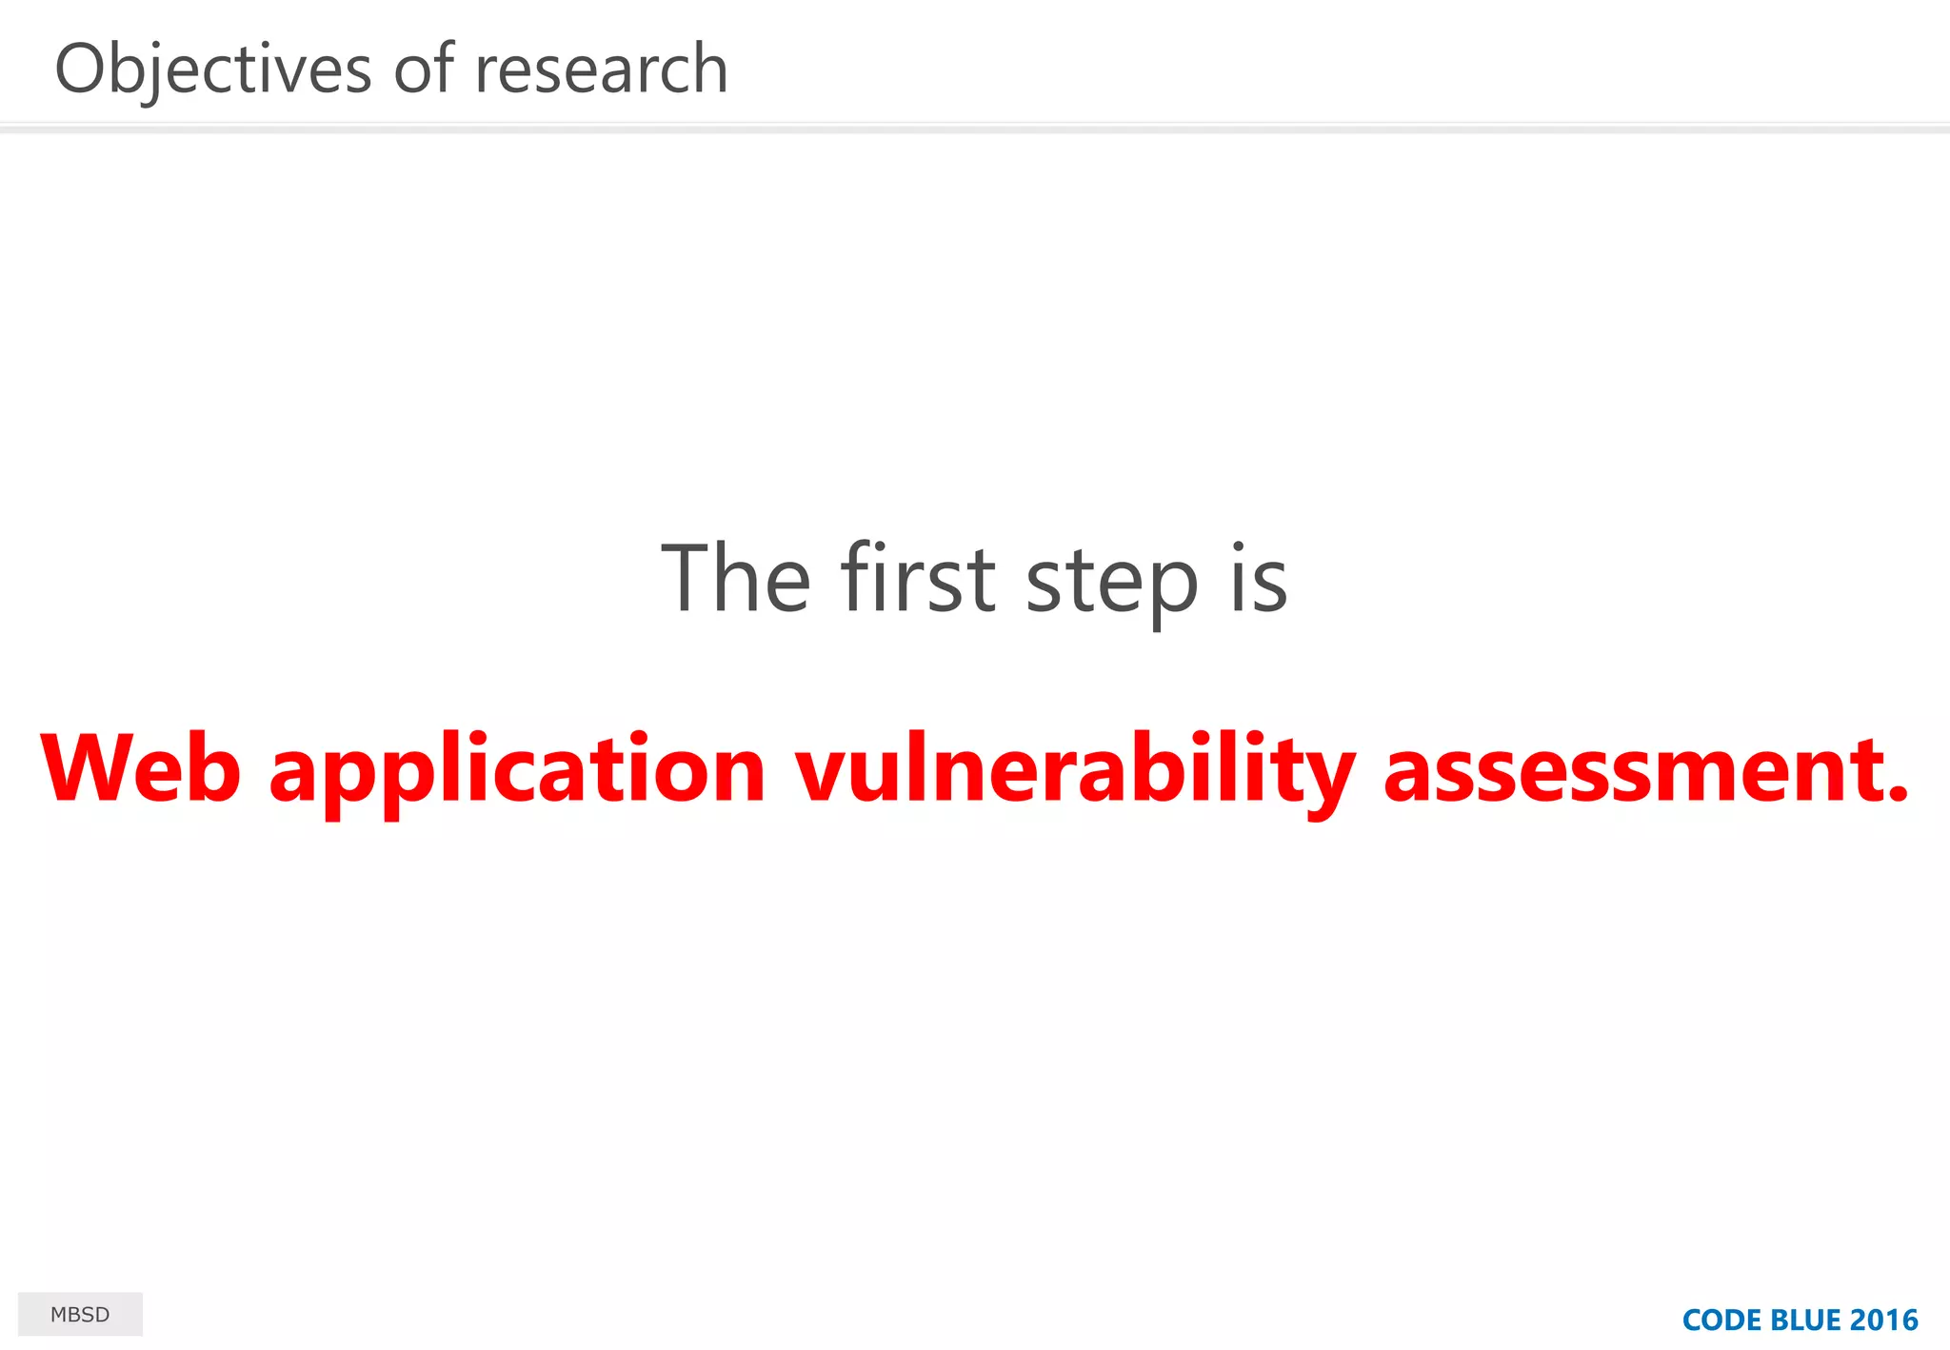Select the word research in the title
tap(601, 69)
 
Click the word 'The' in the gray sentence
tap(736, 578)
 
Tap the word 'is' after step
tap(1259, 578)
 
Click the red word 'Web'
tap(141, 769)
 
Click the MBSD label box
tap(80, 1314)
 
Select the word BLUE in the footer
tap(1805, 1320)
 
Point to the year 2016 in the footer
tap(1884, 1320)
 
